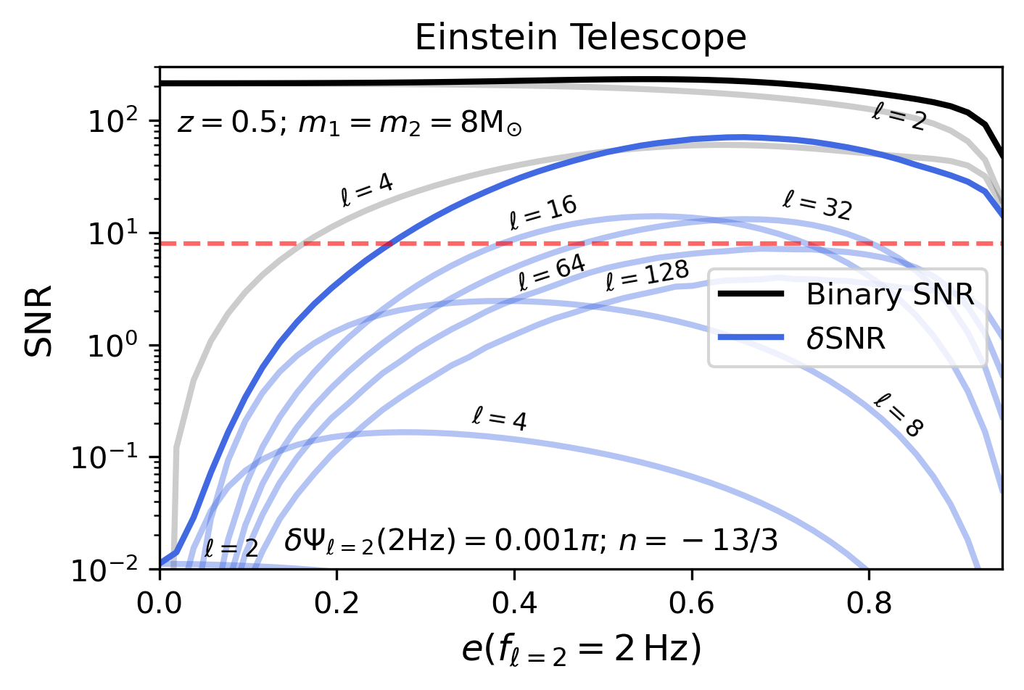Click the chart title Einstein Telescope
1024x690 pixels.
coord(580,38)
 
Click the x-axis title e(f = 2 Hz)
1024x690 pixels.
coord(581,649)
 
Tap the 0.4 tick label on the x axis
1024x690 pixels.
coord(514,602)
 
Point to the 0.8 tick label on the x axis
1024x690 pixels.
coord(869,602)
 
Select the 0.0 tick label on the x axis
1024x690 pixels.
coord(160,602)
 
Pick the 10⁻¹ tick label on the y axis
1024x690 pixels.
coord(106,458)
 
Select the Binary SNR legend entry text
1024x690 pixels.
coord(890,294)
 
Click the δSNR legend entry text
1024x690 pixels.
coord(846,338)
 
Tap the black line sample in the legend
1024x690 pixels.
coord(751,294)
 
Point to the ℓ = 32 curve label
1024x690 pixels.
coord(817,205)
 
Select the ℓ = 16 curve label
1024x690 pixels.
coord(543,212)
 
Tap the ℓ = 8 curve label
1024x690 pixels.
coord(899,415)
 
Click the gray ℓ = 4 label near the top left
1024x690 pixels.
coord(367,191)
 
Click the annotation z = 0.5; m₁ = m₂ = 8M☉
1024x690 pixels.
coord(349,124)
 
